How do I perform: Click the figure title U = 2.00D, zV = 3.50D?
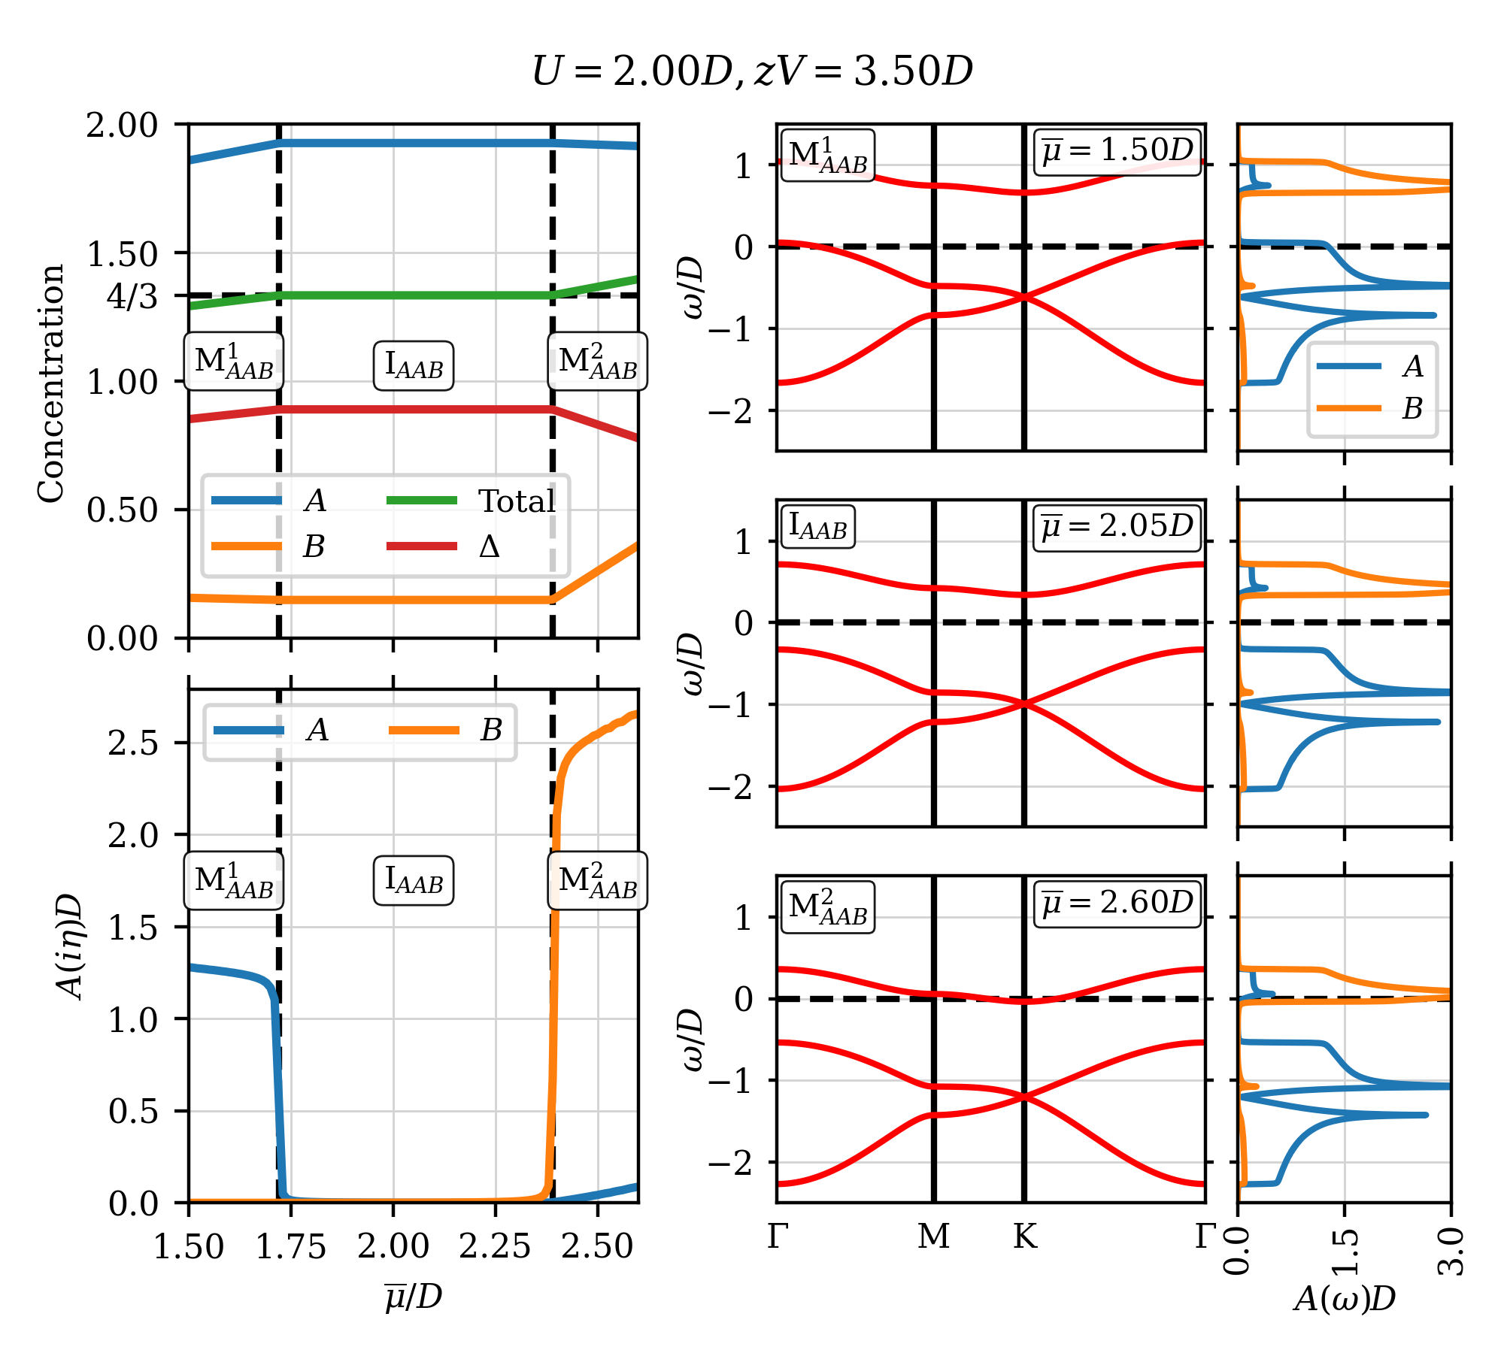point(752,71)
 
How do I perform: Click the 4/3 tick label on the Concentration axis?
point(132,297)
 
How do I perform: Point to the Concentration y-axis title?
point(51,383)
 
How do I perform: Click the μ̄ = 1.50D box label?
point(1117,151)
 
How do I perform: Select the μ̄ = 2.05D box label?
point(1117,527)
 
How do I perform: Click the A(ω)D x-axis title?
point(1345,1298)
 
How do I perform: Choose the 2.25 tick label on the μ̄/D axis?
point(495,1246)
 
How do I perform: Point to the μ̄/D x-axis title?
point(414,1297)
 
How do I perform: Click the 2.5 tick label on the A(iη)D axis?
point(133,743)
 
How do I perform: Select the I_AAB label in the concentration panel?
point(414,365)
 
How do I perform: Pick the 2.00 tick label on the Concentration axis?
point(122,126)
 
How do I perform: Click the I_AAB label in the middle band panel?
point(818,527)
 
